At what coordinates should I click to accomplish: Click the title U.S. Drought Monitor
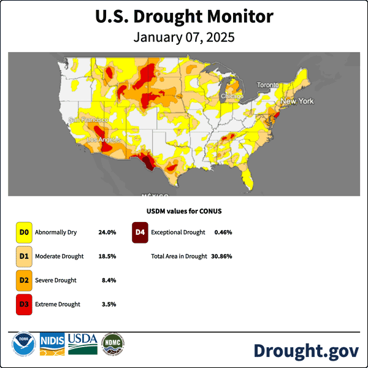(184, 17)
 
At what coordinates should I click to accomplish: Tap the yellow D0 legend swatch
(24, 232)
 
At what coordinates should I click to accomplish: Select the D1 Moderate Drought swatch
(24, 256)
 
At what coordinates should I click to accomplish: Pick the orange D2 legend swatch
(24, 280)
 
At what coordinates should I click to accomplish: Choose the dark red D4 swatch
(140, 232)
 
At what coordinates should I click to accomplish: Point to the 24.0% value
(107, 232)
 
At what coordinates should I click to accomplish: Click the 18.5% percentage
(107, 256)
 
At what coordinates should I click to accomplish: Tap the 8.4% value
(109, 280)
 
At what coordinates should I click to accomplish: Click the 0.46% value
(223, 232)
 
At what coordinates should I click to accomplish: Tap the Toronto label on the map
(267, 85)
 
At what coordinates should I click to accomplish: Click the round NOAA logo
(21, 344)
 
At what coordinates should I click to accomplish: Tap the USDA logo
(83, 343)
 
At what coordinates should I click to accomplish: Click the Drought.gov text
(306, 350)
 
